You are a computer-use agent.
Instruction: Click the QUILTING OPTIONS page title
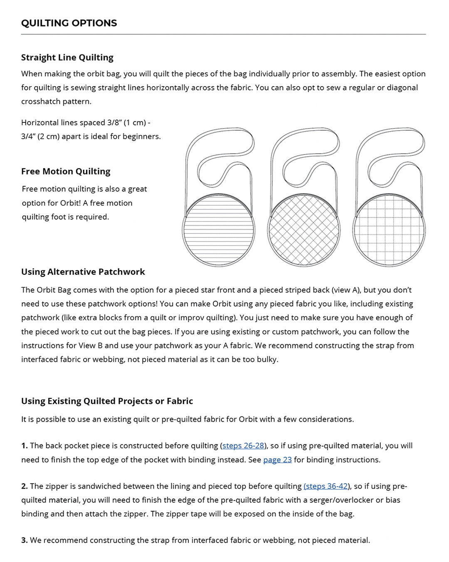[x=69, y=23]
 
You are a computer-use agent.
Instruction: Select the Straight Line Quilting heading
[x=67, y=57]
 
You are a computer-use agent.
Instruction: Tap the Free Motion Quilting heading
[x=66, y=171]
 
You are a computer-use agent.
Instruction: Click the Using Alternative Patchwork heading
[x=83, y=272]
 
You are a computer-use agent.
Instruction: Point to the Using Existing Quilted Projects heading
[x=107, y=401]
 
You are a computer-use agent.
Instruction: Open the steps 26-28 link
[x=243, y=445]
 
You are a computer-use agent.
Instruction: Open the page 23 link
[x=277, y=460]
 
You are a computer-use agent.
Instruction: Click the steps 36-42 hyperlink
[x=326, y=486]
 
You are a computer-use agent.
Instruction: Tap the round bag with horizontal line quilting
[x=219, y=230]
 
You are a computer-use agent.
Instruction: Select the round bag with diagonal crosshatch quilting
[x=304, y=230]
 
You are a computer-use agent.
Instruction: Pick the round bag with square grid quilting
[x=389, y=230]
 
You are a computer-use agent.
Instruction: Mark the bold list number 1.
[x=24, y=445]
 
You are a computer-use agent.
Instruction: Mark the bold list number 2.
[x=24, y=486]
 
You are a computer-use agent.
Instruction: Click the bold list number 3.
[x=24, y=540]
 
